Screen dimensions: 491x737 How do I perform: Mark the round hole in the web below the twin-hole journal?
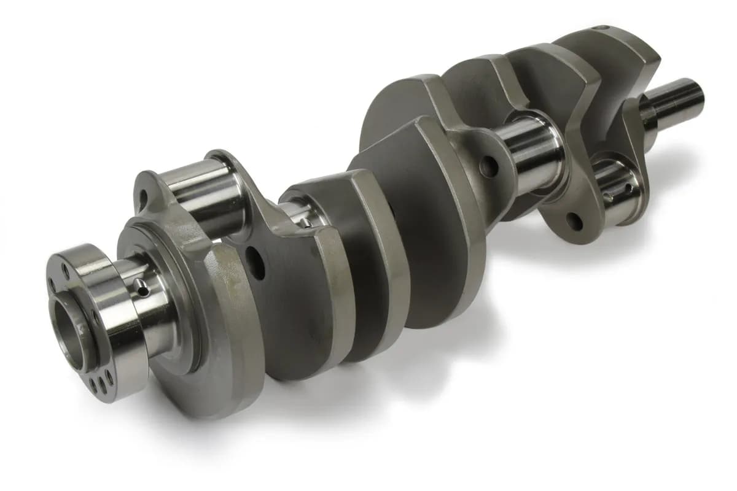(x=574, y=220)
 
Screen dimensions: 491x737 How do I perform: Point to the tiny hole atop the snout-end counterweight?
(x=604, y=28)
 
